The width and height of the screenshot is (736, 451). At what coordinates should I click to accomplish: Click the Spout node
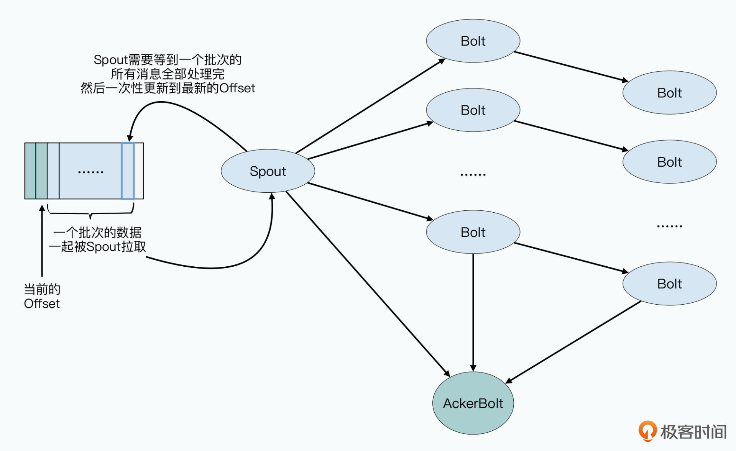point(268,171)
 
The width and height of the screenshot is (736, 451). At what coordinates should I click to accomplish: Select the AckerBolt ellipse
point(473,403)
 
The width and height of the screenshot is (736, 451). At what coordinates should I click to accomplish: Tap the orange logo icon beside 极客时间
point(647,431)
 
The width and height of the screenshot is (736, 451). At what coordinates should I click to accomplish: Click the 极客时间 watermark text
point(693,432)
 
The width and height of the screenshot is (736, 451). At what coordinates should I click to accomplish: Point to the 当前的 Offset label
point(42,296)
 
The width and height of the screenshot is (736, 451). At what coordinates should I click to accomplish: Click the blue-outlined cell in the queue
point(128,171)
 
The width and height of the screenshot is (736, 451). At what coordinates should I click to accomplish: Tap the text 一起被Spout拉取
point(97,247)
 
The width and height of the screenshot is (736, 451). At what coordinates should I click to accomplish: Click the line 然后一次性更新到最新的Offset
point(168,88)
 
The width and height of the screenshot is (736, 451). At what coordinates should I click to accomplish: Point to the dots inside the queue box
point(90,172)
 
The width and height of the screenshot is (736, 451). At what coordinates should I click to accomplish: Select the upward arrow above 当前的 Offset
point(42,241)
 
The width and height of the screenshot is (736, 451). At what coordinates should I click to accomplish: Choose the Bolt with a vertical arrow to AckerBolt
point(473,232)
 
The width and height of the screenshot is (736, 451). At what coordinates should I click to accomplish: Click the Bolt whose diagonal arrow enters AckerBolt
point(669,284)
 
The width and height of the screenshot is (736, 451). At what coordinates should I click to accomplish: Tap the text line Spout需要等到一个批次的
point(168,60)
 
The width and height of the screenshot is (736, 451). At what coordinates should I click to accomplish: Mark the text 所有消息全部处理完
point(168,74)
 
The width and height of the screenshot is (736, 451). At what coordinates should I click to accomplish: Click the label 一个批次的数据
point(97,233)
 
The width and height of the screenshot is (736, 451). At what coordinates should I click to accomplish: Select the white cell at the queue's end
point(139,171)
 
